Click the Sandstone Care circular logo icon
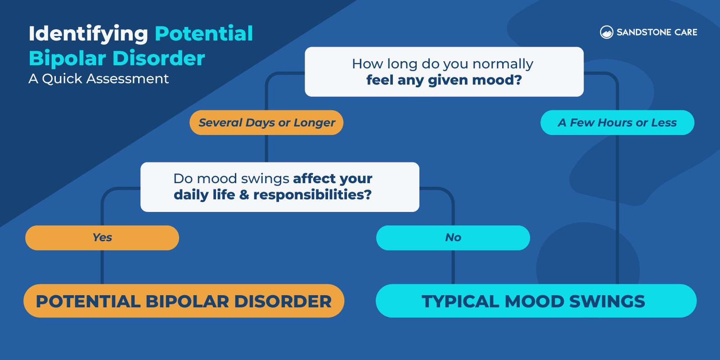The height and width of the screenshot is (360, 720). pos(607,32)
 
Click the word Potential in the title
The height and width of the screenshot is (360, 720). pos(204,34)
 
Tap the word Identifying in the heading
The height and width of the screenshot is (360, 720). pos(88,34)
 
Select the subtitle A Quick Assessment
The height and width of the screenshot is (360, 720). pos(99,79)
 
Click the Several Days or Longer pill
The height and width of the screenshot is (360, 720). pos(266,122)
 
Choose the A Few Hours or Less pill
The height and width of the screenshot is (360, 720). pos(617,122)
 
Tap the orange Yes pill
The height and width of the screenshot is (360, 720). pos(102,238)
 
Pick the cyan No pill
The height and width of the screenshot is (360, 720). pos(453,238)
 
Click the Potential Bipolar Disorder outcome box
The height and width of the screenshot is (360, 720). pos(184,301)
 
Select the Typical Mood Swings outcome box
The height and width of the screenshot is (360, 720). pos(536,301)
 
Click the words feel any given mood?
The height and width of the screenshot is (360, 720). pos(444,80)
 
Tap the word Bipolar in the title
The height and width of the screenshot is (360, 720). pos(67,58)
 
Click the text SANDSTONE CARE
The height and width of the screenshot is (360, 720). pos(657,32)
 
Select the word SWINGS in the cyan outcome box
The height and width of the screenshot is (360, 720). pos(607,301)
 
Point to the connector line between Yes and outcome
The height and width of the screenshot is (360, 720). pos(102,267)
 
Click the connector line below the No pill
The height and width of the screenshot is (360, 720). pos(453,267)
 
